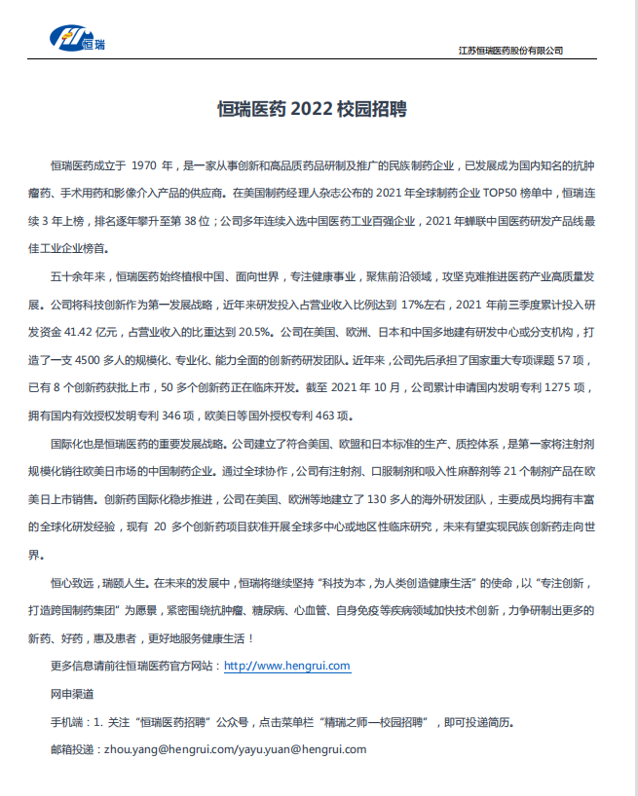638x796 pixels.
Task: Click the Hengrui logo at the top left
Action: click(x=80, y=39)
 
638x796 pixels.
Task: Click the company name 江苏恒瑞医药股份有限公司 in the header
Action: click(x=509, y=50)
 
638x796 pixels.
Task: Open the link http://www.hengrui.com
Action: click(x=286, y=667)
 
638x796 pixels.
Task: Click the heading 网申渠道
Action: click(x=72, y=694)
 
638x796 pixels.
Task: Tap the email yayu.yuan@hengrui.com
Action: click(x=301, y=749)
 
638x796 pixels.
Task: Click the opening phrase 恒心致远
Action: click(x=74, y=583)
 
